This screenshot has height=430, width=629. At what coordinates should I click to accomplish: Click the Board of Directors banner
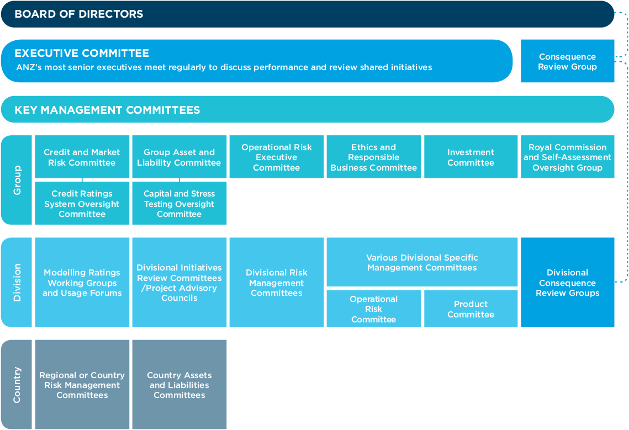307,14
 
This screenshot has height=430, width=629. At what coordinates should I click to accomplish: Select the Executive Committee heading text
82,53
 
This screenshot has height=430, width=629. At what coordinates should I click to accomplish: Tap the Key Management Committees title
107,110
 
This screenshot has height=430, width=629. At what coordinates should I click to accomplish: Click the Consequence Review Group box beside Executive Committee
567,61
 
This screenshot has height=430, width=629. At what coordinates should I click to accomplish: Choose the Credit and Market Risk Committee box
82,156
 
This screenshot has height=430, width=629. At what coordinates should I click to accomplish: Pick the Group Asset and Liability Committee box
179,156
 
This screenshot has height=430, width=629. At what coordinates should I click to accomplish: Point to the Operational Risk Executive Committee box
276,156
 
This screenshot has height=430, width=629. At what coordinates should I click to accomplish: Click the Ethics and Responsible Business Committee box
373,156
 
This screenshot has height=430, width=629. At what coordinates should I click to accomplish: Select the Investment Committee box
471,156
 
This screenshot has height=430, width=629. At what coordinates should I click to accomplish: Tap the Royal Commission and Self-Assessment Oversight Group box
567,156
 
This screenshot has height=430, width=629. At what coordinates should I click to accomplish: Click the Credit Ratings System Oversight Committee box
82,203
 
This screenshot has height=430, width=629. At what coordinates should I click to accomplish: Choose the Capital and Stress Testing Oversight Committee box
179,203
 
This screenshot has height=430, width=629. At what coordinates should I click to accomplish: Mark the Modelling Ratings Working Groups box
82,283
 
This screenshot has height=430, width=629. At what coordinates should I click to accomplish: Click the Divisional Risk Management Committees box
276,283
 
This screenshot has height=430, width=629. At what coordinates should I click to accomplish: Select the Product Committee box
471,309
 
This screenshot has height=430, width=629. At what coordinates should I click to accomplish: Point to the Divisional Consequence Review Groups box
567,283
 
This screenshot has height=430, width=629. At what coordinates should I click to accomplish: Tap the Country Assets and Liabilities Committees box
179,385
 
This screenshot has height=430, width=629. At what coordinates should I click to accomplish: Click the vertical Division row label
17,283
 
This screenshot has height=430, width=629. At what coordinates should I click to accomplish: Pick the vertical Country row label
17,385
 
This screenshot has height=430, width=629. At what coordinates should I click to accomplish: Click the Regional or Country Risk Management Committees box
82,385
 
